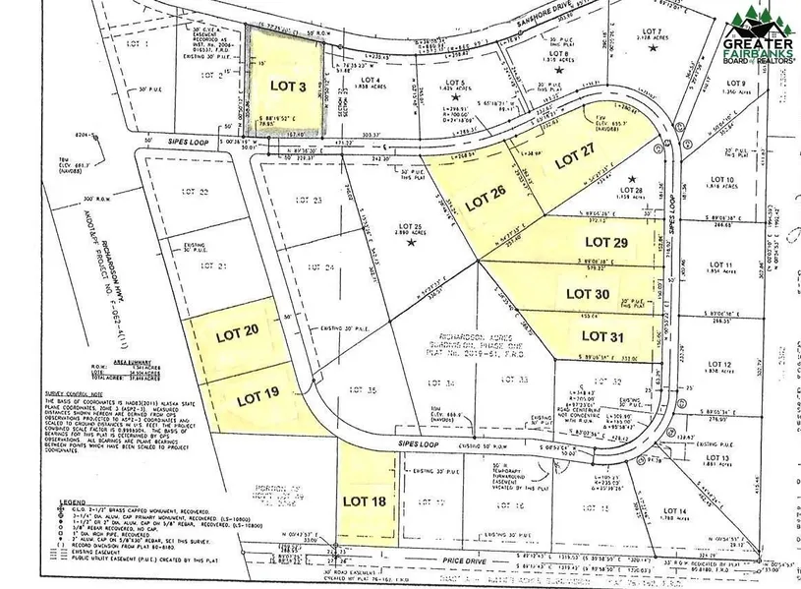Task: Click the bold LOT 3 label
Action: tap(288, 87)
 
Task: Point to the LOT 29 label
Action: tap(606, 241)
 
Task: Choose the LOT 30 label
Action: tap(588, 293)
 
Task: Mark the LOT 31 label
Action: tap(601, 336)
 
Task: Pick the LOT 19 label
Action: tap(257, 397)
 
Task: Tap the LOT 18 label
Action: tap(362, 500)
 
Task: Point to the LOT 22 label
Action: tap(197, 193)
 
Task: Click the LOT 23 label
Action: tap(309, 200)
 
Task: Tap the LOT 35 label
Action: tap(365, 391)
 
